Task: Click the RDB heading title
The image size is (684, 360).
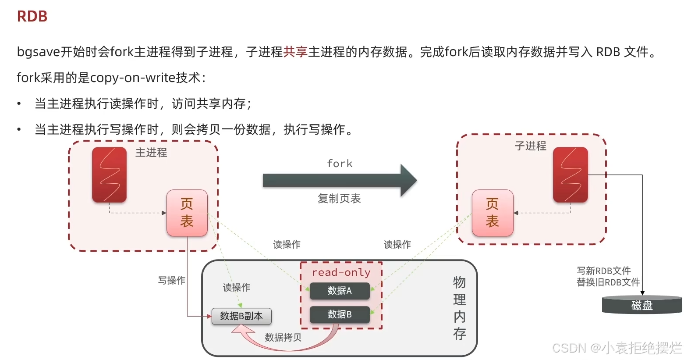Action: click(x=32, y=17)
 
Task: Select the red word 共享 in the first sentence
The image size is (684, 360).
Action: click(x=295, y=52)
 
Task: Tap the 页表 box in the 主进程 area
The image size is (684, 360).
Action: click(x=187, y=213)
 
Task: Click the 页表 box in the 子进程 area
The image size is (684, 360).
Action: click(x=492, y=213)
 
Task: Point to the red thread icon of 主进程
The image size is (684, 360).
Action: click(x=109, y=175)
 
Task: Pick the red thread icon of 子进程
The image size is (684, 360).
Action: click(x=570, y=175)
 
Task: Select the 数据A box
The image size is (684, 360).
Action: click(x=340, y=291)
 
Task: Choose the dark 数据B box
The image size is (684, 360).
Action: click(x=340, y=314)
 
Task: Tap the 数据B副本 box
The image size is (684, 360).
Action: click(x=241, y=316)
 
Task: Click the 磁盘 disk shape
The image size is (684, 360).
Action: click(x=642, y=305)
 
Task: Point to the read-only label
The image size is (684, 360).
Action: click(x=341, y=272)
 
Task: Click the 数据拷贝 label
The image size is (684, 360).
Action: click(x=283, y=337)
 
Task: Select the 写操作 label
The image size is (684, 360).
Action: click(x=172, y=280)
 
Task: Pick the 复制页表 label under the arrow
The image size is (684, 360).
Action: click(x=339, y=199)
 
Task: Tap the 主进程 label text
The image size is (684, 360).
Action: click(x=151, y=153)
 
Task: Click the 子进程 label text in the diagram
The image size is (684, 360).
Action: click(x=530, y=146)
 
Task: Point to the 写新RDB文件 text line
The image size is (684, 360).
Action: click(x=603, y=271)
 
